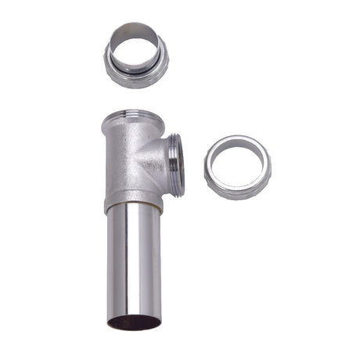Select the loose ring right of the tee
point(237,167)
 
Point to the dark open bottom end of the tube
point(134,321)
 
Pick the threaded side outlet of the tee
point(178,160)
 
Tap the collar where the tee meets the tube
point(133,205)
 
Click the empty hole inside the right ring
point(237,164)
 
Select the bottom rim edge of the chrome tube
point(134,328)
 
